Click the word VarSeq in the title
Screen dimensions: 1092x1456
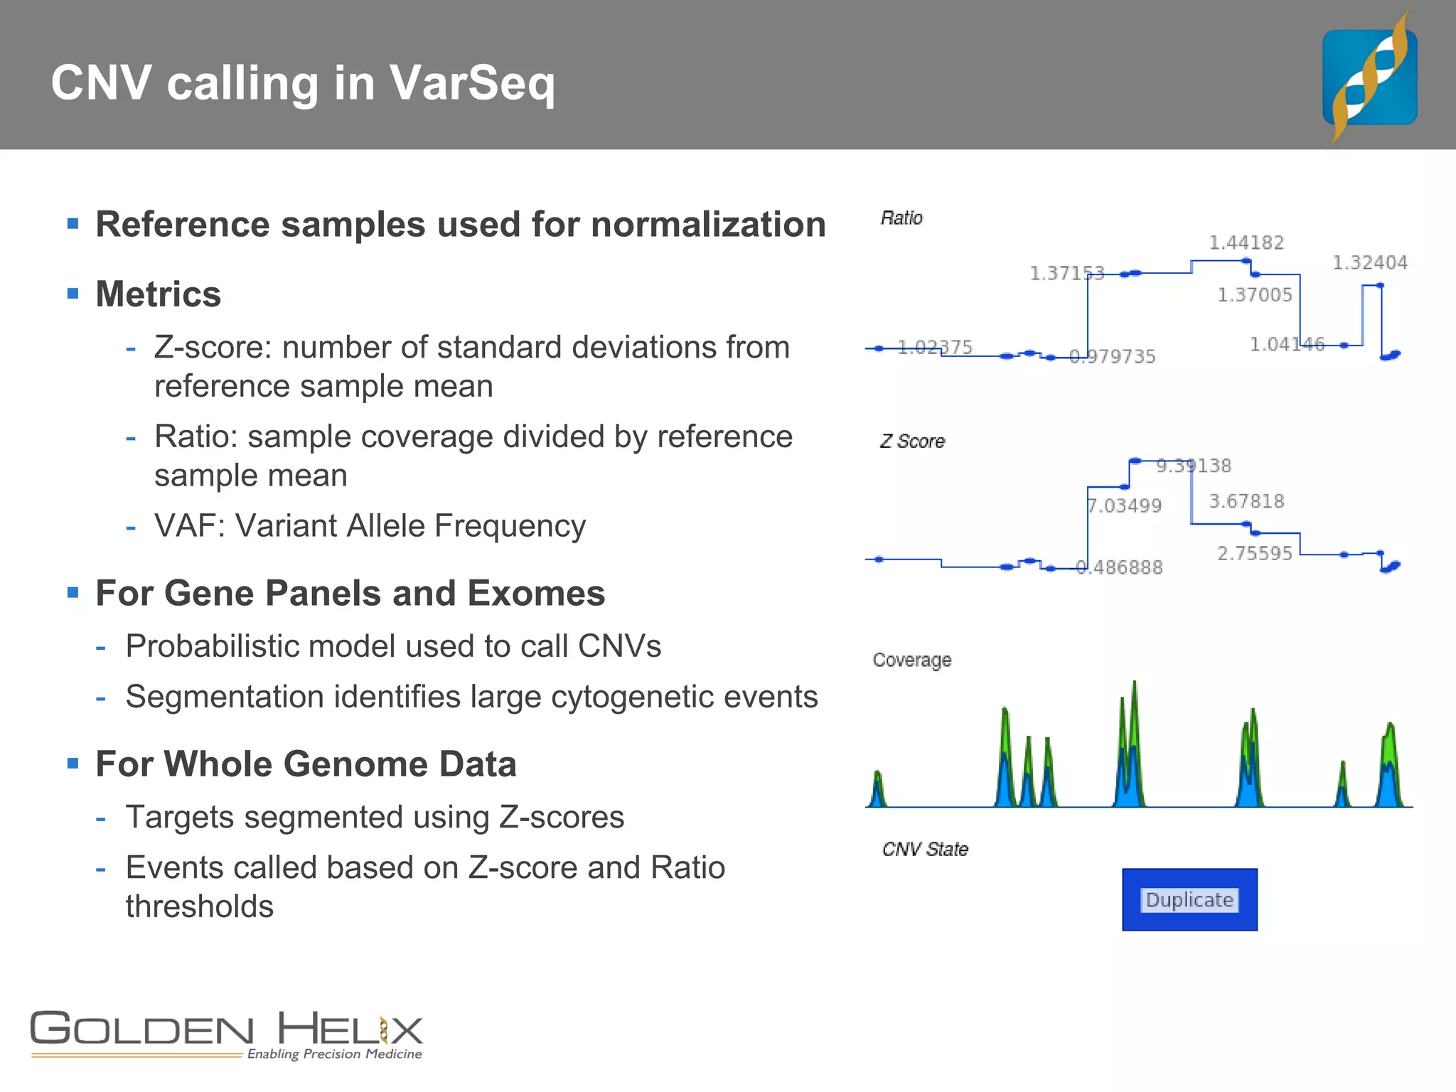(472, 84)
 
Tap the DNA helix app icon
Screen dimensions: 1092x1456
(1369, 77)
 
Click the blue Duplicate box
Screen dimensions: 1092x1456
(1189, 899)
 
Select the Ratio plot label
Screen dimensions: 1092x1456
(901, 218)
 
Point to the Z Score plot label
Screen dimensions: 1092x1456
(912, 441)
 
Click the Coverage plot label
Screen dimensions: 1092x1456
(911, 660)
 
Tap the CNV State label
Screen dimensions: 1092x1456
(925, 850)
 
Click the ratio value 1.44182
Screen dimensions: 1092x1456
(1246, 243)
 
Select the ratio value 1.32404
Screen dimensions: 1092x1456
(1369, 263)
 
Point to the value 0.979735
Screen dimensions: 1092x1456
(1113, 357)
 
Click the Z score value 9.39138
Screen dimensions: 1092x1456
(1194, 466)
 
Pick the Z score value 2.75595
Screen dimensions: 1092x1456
(1255, 554)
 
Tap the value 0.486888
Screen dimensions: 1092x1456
(1120, 567)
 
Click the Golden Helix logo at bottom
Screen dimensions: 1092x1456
(227, 1035)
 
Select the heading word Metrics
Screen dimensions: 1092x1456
(159, 294)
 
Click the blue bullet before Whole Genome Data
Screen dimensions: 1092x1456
(73, 764)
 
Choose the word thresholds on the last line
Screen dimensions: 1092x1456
(200, 906)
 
